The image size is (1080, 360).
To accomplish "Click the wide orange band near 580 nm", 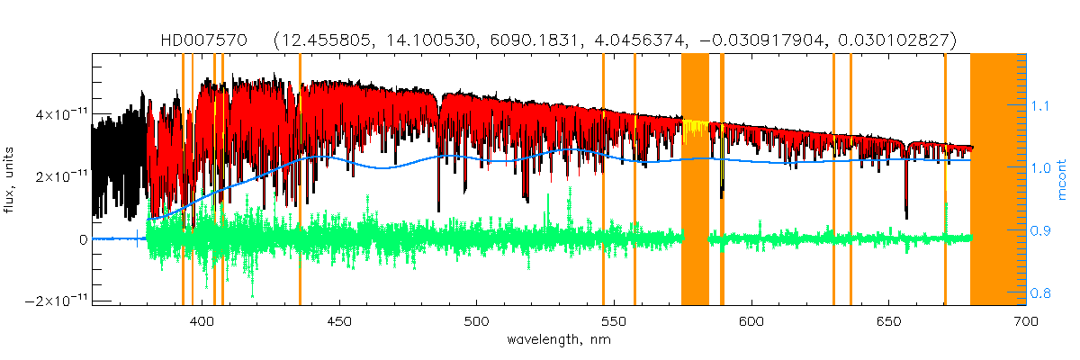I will coord(695,180).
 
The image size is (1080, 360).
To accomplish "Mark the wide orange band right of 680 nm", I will coord(997,180).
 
